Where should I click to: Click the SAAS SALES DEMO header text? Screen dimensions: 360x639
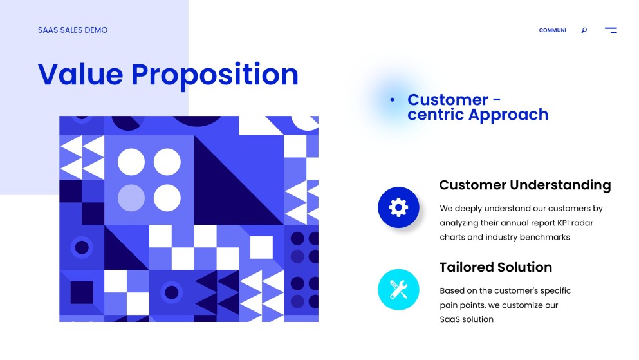tap(73, 30)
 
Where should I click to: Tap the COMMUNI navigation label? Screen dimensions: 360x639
tap(552, 30)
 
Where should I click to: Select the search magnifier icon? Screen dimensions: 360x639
tap(584, 30)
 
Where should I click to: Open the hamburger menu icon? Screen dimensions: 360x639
tap(611, 30)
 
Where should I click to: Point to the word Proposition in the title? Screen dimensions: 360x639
tap(215, 75)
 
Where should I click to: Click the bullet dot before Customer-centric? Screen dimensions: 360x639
tap(392, 100)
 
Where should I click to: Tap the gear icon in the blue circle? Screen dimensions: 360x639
tap(399, 207)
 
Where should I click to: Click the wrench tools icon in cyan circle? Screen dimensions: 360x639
tap(399, 290)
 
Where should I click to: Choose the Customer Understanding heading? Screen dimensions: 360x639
tap(524, 185)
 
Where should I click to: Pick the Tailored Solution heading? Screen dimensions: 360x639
tap(495, 267)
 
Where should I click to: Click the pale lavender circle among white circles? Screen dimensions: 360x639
tap(131, 198)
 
